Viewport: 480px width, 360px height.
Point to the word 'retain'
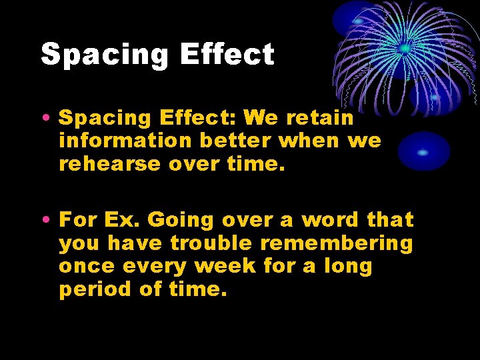[x=319, y=118]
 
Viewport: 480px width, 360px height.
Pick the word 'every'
[x=157, y=266]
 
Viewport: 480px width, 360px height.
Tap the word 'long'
[x=348, y=266]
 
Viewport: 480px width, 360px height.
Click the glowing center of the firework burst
[x=405, y=48]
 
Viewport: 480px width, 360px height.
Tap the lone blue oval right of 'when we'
[x=423, y=151]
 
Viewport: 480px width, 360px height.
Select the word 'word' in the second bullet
[x=331, y=219]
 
